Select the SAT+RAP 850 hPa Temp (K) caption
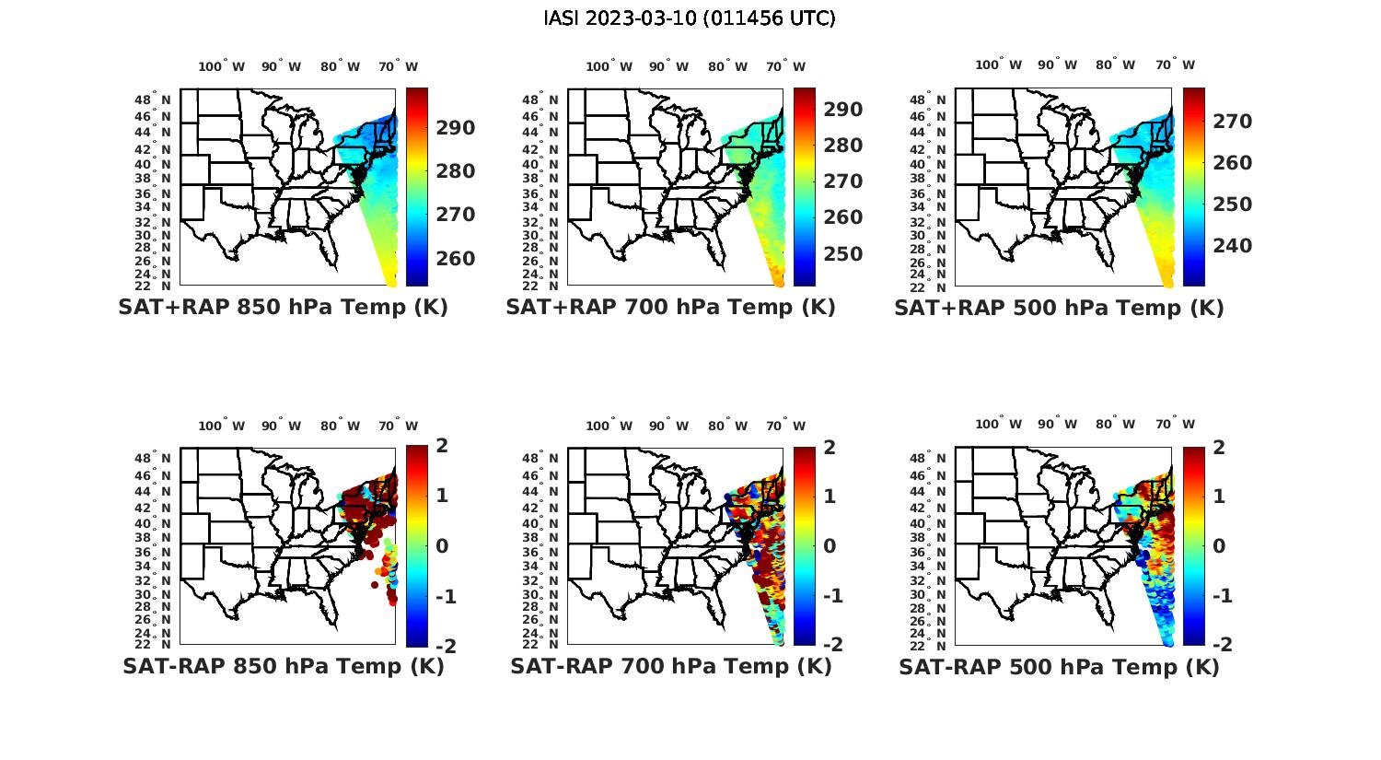(283, 308)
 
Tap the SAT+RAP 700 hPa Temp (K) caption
(670, 308)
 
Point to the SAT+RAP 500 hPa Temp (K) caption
(1059, 309)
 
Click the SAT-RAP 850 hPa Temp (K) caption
(283, 667)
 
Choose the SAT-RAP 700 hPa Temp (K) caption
(670, 667)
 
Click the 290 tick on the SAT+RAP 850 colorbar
(456, 128)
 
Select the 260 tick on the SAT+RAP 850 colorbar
(456, 259)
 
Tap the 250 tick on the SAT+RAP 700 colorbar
(843, 254)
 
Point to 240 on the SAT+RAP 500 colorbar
(1232, 246)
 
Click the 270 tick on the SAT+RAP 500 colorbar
(1232, 122)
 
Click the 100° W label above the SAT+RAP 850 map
(222, 66)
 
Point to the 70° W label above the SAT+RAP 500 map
(1176, 64)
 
